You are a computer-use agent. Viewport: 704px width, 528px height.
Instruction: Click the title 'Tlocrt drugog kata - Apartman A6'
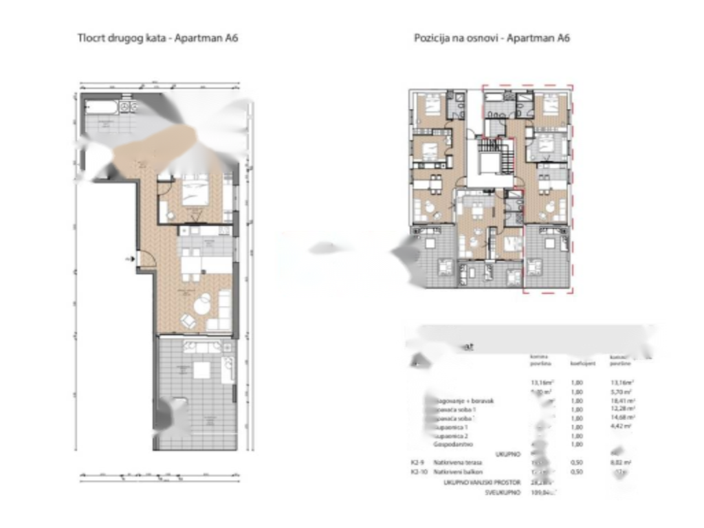coord(157,38)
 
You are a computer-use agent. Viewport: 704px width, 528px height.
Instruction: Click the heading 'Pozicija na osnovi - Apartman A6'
coord(492,38)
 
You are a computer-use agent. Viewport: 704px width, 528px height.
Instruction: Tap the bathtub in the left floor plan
coord(100,107)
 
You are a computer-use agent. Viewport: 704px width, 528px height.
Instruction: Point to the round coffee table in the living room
coord(202,303)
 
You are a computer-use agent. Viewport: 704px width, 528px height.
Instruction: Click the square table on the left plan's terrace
coord(201,371)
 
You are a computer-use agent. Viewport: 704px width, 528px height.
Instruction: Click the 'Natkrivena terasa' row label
coord(457,463)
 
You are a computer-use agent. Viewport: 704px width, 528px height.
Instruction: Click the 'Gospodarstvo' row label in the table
coord(454,444)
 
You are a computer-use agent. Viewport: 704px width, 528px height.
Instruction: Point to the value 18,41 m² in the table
coord(621,400)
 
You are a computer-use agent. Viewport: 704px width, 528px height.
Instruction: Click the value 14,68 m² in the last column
coord(621,417)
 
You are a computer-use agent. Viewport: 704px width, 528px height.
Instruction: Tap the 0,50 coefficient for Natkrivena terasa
coord(577,463)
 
